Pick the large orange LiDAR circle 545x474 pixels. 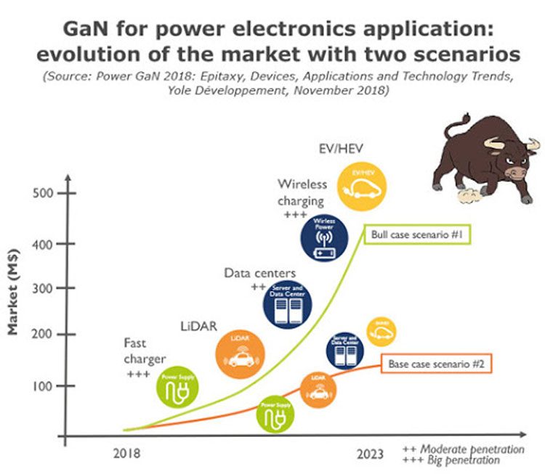[x=241, y=351]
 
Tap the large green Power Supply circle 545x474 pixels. [x=179, y=388]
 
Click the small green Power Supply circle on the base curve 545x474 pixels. [x=277, y=414]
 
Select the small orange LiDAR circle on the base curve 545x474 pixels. [x=318, y=389]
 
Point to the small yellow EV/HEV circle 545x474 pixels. [x=381, y=332]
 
